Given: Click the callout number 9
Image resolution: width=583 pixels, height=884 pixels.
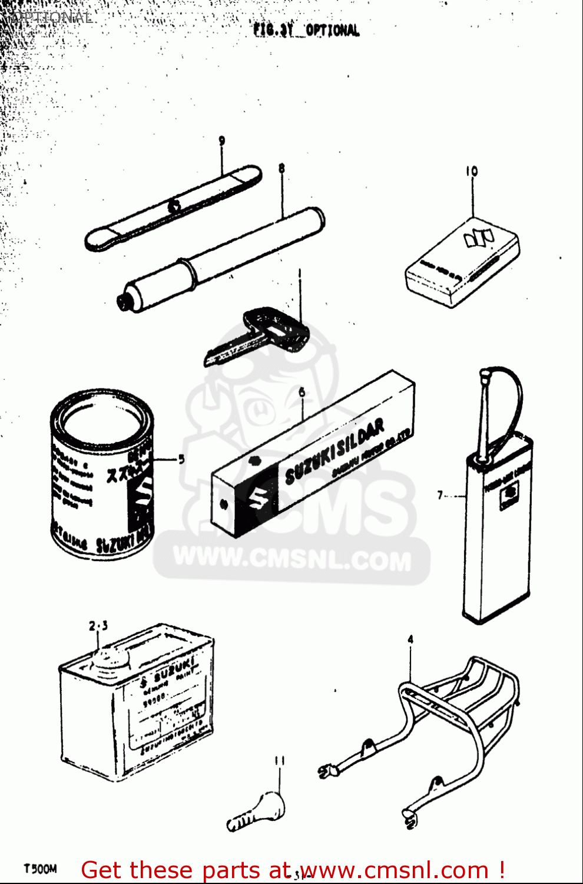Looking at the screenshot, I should (222, 141).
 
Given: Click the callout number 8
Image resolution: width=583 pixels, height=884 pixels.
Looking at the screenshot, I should (281, 169).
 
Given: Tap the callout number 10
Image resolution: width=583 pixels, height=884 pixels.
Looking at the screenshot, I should (472, 171).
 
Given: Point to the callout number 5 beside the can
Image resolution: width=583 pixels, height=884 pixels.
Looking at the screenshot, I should (181, 459).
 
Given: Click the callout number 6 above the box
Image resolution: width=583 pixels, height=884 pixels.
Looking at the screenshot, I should (302, 392).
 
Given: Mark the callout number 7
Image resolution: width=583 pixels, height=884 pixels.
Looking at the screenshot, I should (440, 495).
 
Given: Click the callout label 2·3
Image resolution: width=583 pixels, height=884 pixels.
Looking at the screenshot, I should (98, 626).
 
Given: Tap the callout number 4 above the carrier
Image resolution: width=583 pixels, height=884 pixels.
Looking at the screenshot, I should (410, 639).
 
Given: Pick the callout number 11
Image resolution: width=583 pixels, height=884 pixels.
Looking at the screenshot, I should (279, 761).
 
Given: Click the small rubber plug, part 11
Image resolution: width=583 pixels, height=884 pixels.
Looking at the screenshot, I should (259, 811).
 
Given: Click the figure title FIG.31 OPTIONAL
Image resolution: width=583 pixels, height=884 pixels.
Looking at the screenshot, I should (306, 30).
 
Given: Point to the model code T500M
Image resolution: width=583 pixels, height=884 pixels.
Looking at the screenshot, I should (40, 869).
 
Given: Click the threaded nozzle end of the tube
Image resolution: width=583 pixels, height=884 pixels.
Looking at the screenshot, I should (124, 302).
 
